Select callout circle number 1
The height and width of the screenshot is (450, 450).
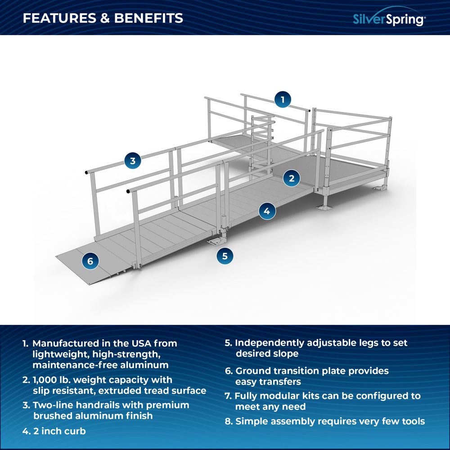coord(283,99)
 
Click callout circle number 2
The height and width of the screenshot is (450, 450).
coord(292,178)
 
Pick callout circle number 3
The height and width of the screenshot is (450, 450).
coord(132,160)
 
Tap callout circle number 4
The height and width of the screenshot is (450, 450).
coord(267,211)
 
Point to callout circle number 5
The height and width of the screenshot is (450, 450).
coord(225,256)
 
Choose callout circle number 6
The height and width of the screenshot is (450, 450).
coord(90,261)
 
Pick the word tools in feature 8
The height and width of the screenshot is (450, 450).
coord(411,421)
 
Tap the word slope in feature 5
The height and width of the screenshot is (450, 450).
coord(286,354)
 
